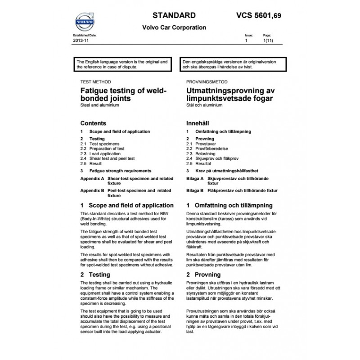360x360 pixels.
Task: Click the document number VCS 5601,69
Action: click(x=261, y=15)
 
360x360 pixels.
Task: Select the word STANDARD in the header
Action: click(x=174, y=15)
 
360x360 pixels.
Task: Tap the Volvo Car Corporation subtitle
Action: click(x=174, y=27)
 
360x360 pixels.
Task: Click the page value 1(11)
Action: click(x=267, y=40)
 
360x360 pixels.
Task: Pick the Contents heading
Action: click(x=93, y=123)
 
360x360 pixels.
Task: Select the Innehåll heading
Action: click(x=198, y=123)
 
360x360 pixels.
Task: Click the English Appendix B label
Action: click(x=92, y=190)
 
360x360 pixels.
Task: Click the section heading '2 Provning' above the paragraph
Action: click(x=203, y=274)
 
